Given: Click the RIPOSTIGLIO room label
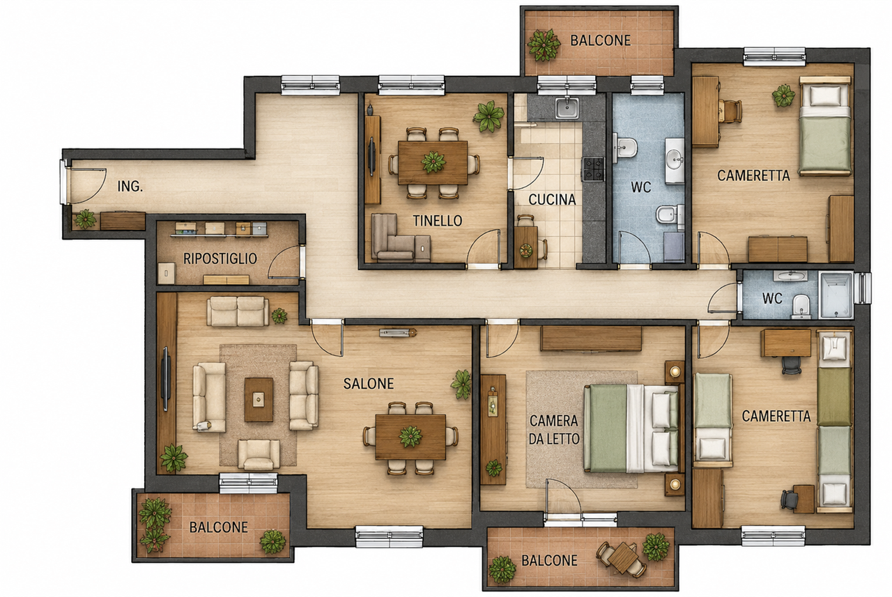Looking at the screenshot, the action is (x=220, y=258).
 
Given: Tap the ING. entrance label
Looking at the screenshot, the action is (x=130, y=186).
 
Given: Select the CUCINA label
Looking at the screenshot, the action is (x=552, y=199).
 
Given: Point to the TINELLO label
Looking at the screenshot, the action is (x=437, y=221).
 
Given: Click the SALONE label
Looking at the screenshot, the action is (x=369, y=383).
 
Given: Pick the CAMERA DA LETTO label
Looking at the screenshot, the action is (x=553, y=430).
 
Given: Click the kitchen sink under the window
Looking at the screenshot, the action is (x=567, y=108).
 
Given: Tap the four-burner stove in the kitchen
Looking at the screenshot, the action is (x=593, y=169).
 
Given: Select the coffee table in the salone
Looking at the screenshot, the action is (x=259, y=400).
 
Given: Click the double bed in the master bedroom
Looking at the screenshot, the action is (x=631, y=428).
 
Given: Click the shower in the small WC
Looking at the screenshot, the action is (x=836, y=295).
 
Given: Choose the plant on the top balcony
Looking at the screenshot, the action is (x=544, y=45).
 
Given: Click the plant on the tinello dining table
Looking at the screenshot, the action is (x=433, y=162).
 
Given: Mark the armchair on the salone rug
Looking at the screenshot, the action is (x=259, y=453).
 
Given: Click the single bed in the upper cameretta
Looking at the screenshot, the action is (x=826, y=126).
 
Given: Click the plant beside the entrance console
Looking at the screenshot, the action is (x=85, y=219).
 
